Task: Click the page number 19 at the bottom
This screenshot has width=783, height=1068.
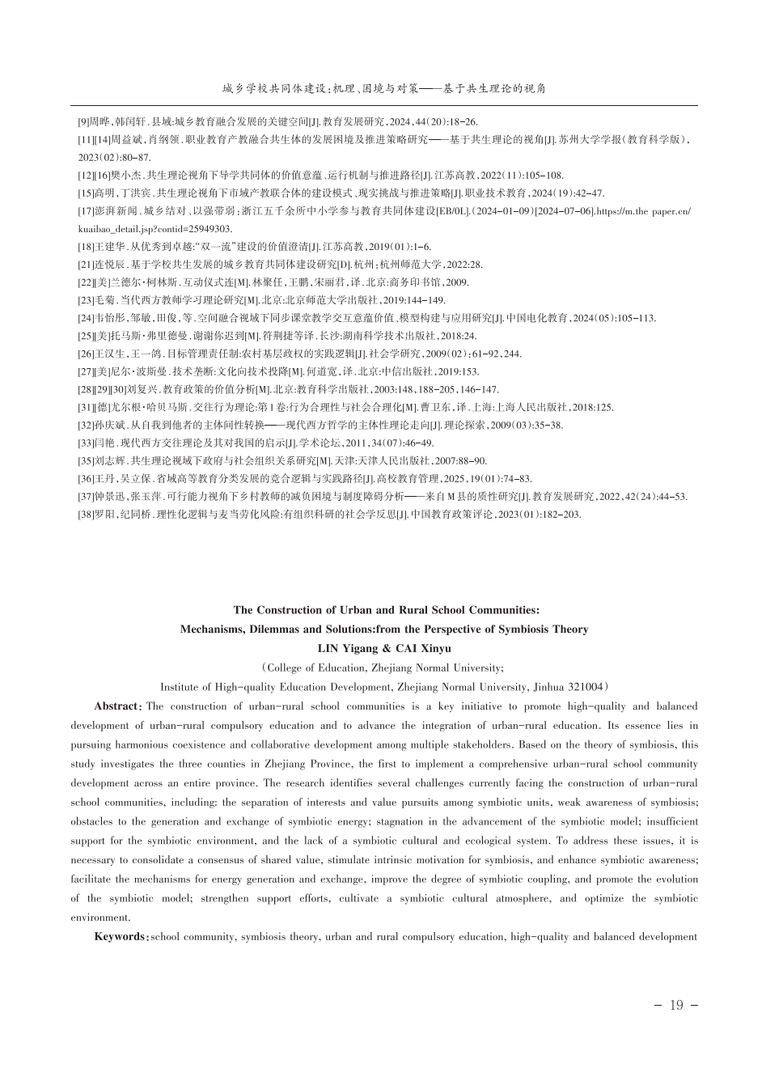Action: (x=676, y=1006)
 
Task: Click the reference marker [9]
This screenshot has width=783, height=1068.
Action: (x=83, y=122)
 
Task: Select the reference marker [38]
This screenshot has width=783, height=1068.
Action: (x=85, y=514)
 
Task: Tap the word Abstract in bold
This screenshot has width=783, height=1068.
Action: (x=118, y=706)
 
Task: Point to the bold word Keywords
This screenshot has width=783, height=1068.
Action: (x=121, y=937)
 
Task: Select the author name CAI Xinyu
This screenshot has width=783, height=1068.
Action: (x=424, y=649)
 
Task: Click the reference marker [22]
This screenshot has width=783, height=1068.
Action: (x=85, y=282)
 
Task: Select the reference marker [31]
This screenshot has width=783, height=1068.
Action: (x=85, y=407)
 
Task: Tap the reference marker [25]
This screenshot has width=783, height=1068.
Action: (x=85, y=336)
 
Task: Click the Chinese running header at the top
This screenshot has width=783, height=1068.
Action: (x=384, y=88)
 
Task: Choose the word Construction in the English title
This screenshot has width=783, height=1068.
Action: (x=294, y=610)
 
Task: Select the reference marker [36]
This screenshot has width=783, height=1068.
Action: (x=85, y=478)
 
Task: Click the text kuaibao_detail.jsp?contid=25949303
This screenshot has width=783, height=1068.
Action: (x=154, y=229)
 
